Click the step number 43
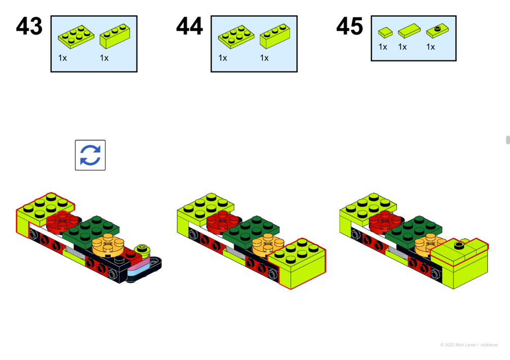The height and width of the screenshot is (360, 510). [x=29, y=26]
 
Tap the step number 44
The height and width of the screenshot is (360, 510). [x=189, y=26]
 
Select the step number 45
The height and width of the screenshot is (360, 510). [x=350, y=26]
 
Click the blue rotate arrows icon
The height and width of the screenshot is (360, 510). [x=90, y=155]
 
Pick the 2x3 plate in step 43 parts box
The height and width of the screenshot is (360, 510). [x=76, y=37]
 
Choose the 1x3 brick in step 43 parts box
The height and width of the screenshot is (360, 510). [x=115, y=36]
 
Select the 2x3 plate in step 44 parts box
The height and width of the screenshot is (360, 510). [x=236, y=37]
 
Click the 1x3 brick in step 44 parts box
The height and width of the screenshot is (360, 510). [x=275, y=36]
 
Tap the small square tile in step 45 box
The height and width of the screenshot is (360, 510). [x=386, y=32]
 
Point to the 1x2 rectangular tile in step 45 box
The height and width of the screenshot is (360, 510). [x=409, y=30]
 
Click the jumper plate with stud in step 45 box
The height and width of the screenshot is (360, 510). [x=437, y=30]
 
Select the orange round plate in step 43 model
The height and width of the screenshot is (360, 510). [x=108, y=245]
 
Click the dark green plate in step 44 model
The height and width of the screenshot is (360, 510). [x=251, y=231]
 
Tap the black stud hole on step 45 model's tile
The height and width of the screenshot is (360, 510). [x=459, y=245]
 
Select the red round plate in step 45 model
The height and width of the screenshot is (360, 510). [x=386, y=222]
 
